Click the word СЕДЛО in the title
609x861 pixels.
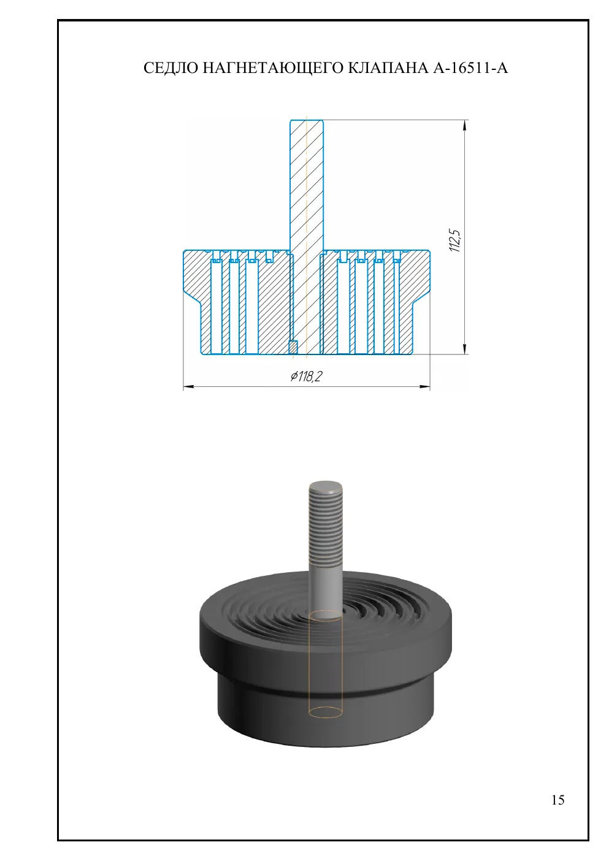point(170,68)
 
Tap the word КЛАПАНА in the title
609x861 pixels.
point(388,68)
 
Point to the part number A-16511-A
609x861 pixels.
point(470,68)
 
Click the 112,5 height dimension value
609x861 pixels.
point(455,240)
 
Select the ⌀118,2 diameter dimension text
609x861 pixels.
point(306,377)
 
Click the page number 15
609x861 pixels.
point(558,800)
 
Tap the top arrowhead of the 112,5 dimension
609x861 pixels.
point(466,125)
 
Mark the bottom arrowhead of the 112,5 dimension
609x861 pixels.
point(466,348)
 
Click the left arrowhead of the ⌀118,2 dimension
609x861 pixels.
point(188,387)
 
